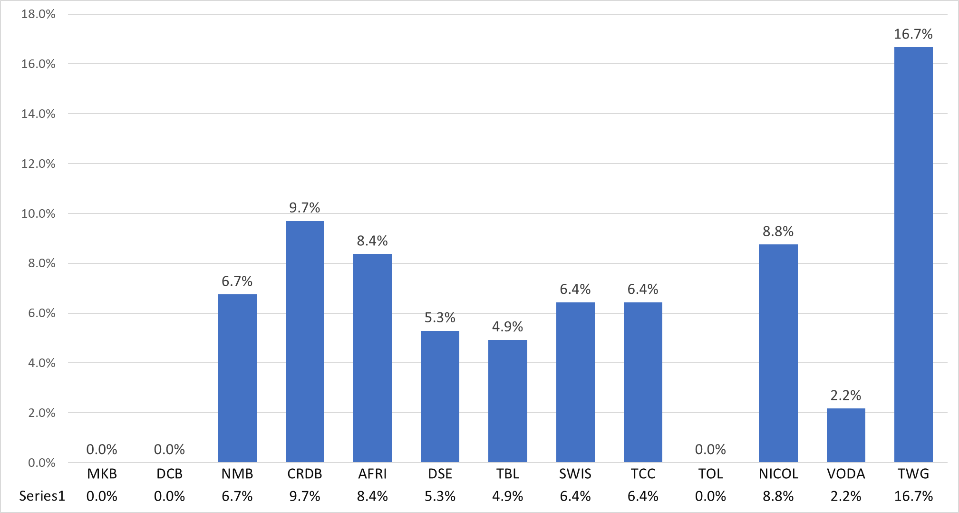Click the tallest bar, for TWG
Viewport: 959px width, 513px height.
[913, 254]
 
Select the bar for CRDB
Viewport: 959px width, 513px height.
[305, 341]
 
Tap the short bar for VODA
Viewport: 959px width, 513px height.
[846, 435]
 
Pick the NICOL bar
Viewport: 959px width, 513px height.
[778, 353]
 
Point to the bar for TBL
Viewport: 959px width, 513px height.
[508, 401]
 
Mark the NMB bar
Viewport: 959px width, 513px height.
[237, 378]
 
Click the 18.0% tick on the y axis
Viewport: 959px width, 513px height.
[39, 14]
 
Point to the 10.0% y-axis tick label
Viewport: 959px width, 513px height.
[39, 213]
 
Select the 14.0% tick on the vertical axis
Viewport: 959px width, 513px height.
[39, 114]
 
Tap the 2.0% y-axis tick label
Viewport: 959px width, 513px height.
[42, 413]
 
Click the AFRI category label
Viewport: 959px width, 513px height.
[372, 474]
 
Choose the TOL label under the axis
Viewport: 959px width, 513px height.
[710, 474]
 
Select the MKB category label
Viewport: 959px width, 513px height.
[102, 474]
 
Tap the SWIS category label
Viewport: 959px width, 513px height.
[575, 474]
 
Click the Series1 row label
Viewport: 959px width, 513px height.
[42, 496]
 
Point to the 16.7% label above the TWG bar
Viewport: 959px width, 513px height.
[913, 34]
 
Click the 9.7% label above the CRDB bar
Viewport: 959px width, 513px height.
[305, 208]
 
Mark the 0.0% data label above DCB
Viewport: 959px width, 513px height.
[169, 450]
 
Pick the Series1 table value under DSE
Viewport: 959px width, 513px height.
[440, 496]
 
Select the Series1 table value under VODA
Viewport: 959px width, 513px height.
[846, 496]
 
